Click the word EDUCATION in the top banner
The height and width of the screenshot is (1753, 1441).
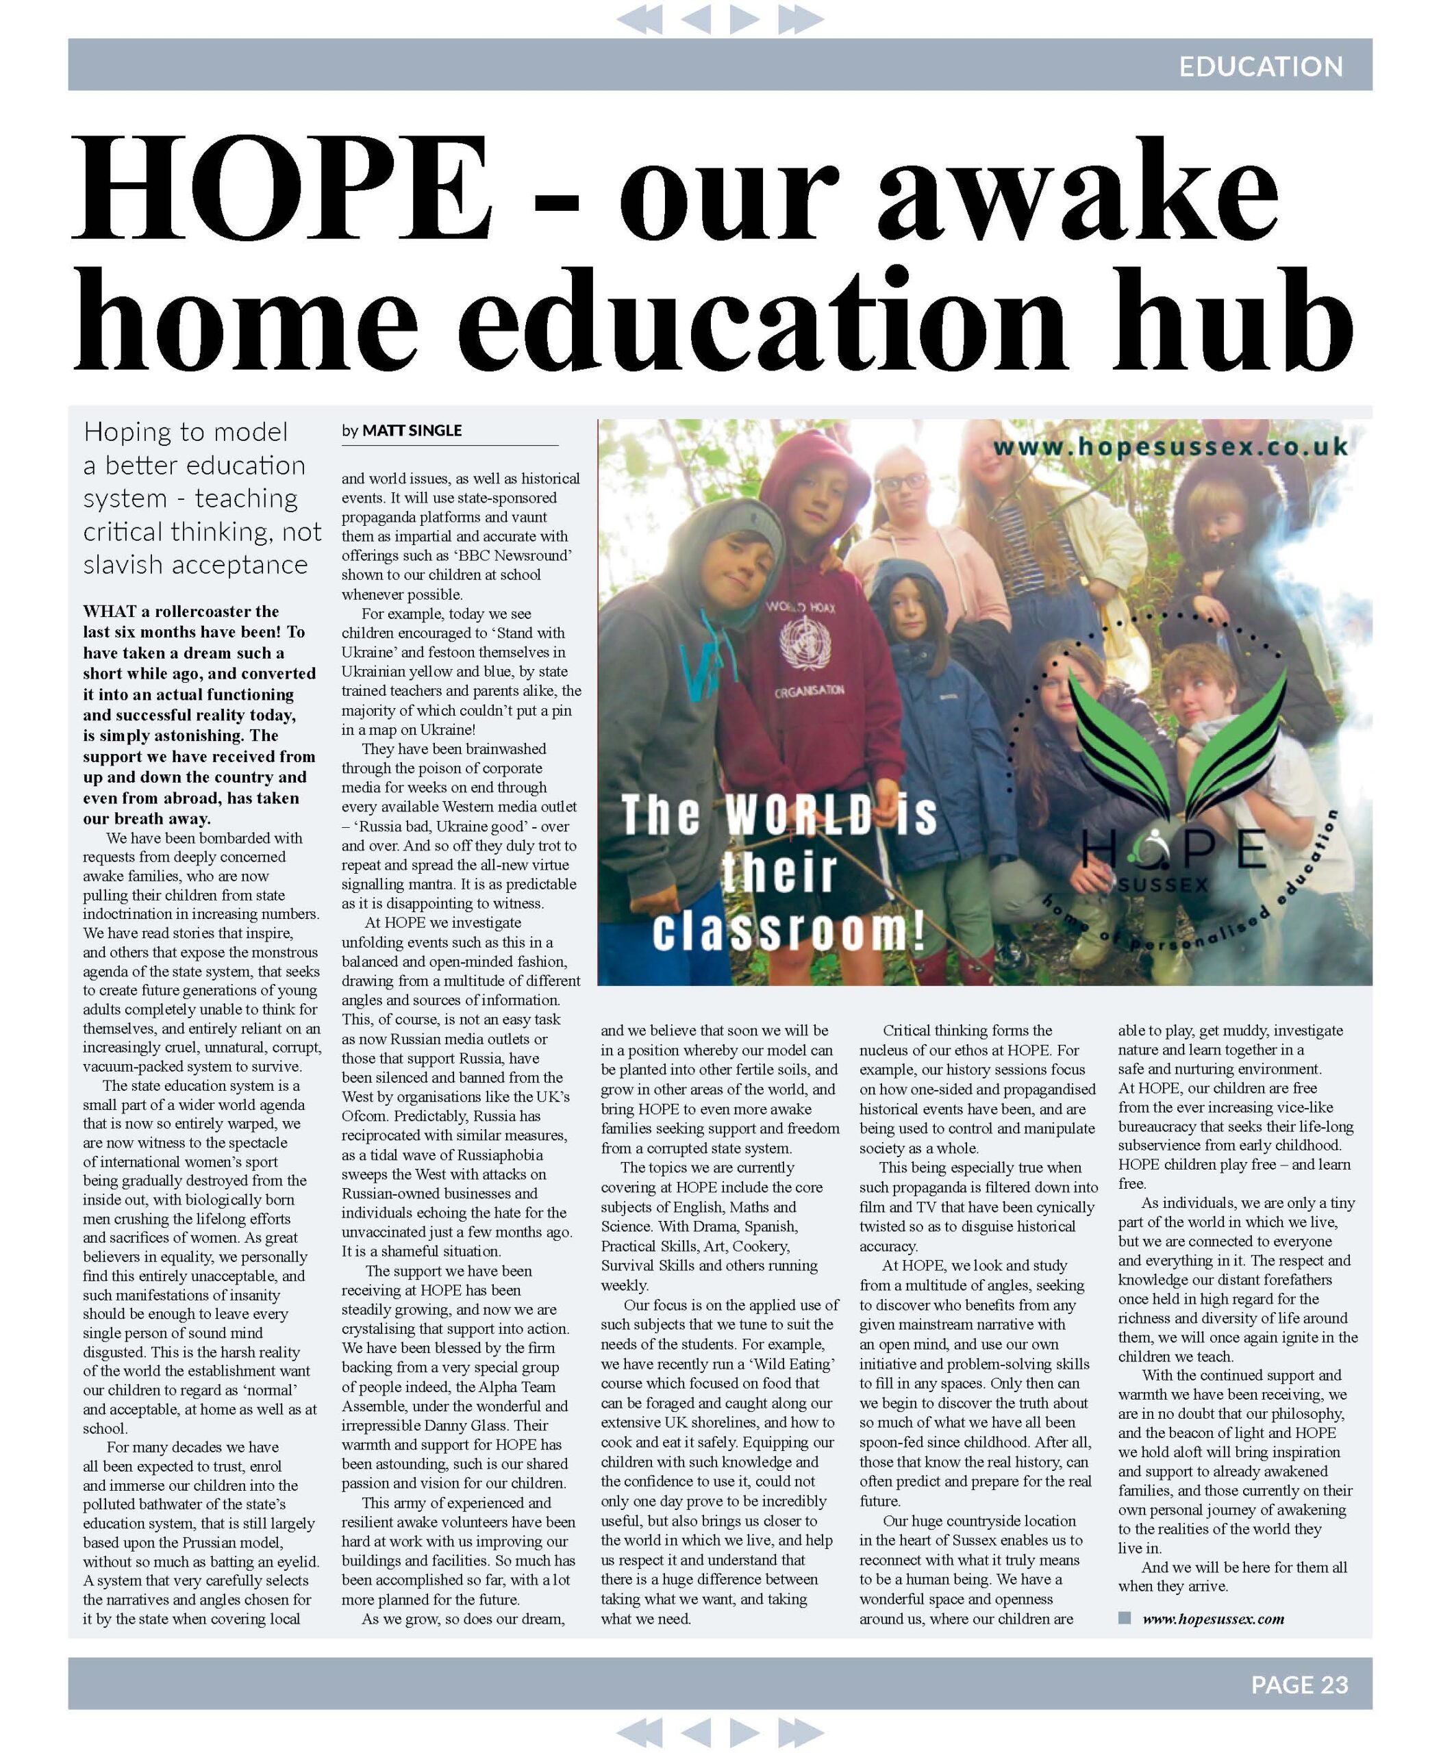pyautogui.click(x=1260, y=66)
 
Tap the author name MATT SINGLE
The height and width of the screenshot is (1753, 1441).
pyautogui.click(x=412, y=430)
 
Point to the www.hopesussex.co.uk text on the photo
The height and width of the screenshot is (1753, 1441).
pyautogui.click(x=1170, y=446)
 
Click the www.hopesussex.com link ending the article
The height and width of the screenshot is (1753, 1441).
pyautogui.click(x=1213, y=1617)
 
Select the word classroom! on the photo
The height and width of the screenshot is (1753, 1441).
pyautogui.click(x=788, y=930)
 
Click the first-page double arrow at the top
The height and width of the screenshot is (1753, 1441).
pyautogui.click(x=640, y=18)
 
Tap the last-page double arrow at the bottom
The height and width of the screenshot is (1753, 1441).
pyautogui.click(x=801, y=1732)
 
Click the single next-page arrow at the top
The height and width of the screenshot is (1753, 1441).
pyautogui.click(x=744, y=18)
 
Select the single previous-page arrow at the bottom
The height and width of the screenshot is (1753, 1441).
pyautogui.click(x=697, y=1732)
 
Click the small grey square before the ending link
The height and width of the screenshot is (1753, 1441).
pyautogui.click(x=1125, y=1617)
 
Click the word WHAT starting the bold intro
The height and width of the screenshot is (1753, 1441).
pyautogui.click(x=109, y=611)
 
